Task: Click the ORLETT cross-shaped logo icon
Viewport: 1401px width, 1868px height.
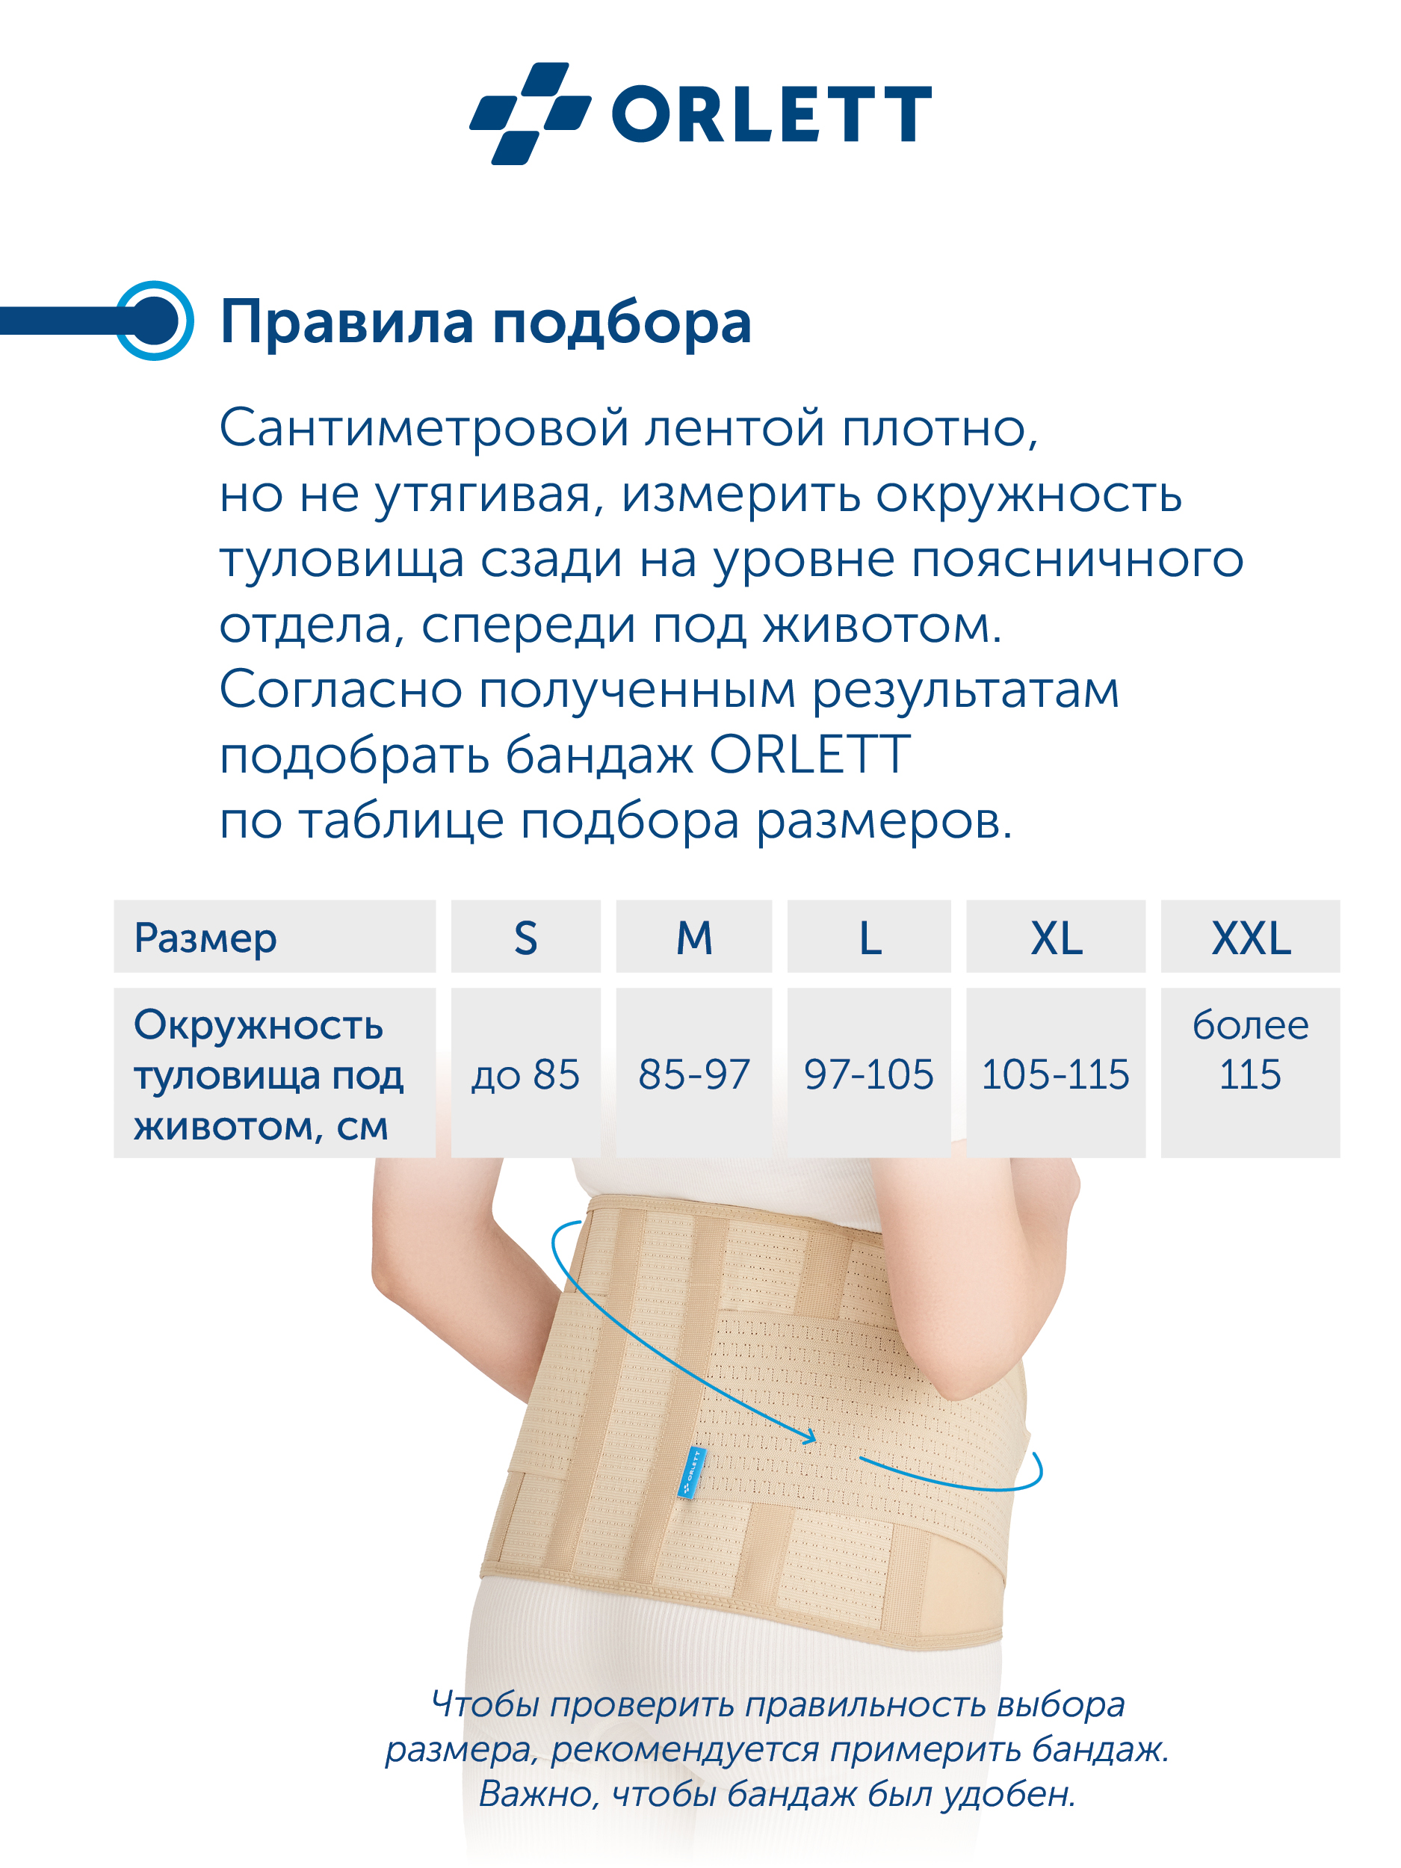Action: pyautogui.click(x=530, y=113)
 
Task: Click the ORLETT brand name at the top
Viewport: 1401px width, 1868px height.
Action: pyautogui.click(x=771, y=114)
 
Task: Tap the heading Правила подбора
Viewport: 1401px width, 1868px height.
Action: pyautogui.click(x=485, y=322)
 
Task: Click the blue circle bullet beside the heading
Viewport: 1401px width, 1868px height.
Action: pyautogui.click(x=155, y=321)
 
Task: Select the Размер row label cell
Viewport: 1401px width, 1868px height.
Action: pyautogui.click(x=274, y=935)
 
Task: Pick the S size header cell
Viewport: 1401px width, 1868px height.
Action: pyautogui.click(x=525, y=935)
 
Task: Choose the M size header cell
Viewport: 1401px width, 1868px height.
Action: pyautogui.click(x=693, y=935)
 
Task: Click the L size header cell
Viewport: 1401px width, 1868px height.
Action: pyautogui.click(x=869, y=935)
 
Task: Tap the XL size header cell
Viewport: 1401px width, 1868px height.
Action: pyautogui.click(x=1056, y=935)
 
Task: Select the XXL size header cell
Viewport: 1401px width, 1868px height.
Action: pyautogui.click(x=1250, y=935)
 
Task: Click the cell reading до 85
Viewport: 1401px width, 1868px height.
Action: pyautogui.click(x=525, y=1072)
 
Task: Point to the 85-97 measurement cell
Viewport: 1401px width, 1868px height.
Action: pyautogui.click(x=693, y=1072)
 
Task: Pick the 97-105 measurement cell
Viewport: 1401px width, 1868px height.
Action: pyautogui.click(x=869, y=1072)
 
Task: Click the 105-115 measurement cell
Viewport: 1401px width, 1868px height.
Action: pyautogui.click(x=1056, y=1072)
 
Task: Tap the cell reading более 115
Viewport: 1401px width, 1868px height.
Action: pyautogui.click(x=1250, y=1072)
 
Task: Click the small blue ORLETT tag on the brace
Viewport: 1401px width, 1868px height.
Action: pyautogui.click(x=691, y=1472)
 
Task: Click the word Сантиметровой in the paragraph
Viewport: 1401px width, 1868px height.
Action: pyautogui.click(x=424, y=427)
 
